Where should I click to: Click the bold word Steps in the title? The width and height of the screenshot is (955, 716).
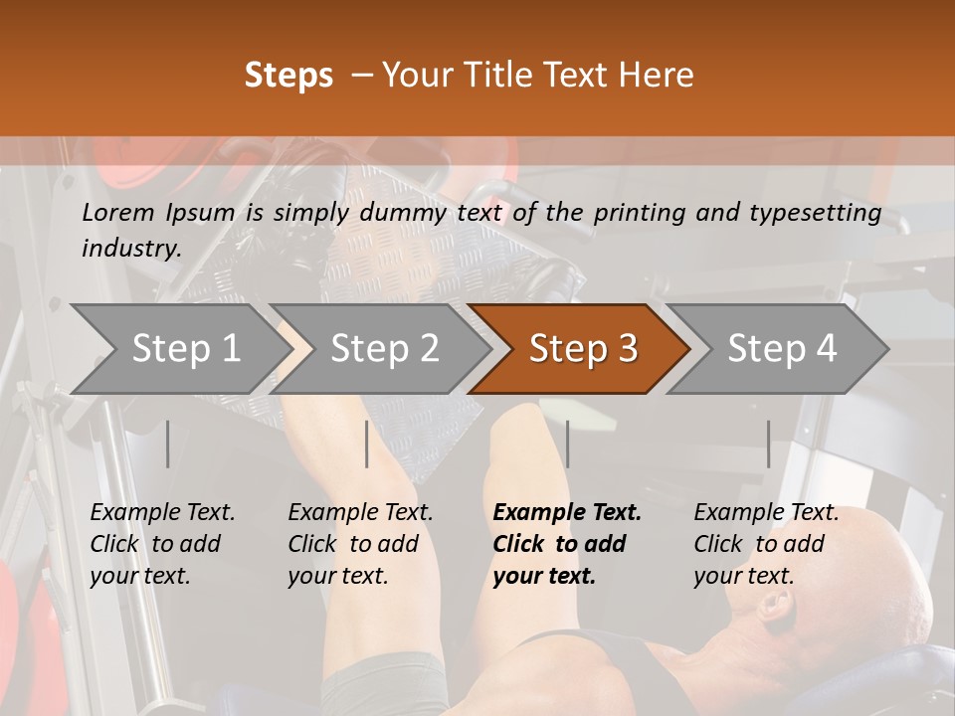[288, 76]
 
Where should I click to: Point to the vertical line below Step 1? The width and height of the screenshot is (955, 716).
[167, 444]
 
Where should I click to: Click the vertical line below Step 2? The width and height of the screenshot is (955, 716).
[367, 444]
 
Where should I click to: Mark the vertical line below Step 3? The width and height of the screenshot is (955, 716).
[567, 444]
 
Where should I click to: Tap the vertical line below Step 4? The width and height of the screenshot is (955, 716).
[768, 444]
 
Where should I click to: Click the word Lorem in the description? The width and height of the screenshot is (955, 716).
[118, 212]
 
